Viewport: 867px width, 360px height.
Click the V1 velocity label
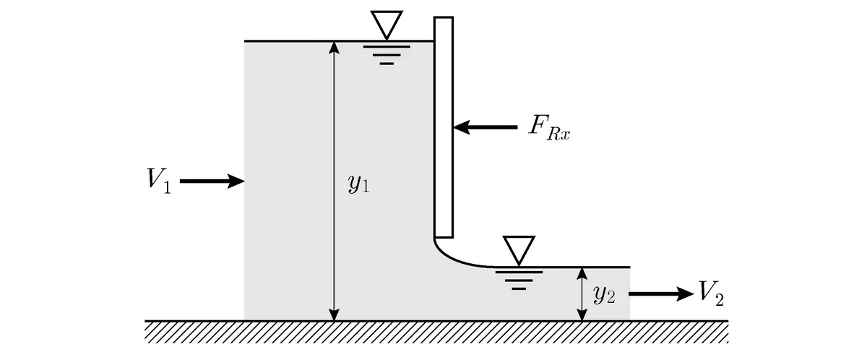[159, 181]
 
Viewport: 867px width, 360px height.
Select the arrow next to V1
[212, 181]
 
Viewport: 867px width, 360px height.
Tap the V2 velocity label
[712, 293]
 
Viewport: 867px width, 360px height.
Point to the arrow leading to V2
[661, 293]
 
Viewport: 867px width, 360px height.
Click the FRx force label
[550, 127]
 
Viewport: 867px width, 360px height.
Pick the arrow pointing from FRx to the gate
[486, 127]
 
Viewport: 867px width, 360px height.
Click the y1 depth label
[359, 184]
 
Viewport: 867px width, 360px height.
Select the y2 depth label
[604, 296]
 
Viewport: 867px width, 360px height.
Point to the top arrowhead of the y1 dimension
[334, 47]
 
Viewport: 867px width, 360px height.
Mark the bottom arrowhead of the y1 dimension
[334, 314]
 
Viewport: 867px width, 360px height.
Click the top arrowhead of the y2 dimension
[582, 274]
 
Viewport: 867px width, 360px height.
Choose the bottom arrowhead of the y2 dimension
[582, 314]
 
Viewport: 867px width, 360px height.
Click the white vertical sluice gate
[444, 127]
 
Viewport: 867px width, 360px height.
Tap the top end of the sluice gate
[444, 17]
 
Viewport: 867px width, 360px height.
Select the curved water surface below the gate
[453, 259]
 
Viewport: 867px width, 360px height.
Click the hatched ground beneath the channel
[436, 332]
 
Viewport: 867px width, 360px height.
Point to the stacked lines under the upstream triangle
[387, 55]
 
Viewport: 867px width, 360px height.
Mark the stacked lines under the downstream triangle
[519, 280]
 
